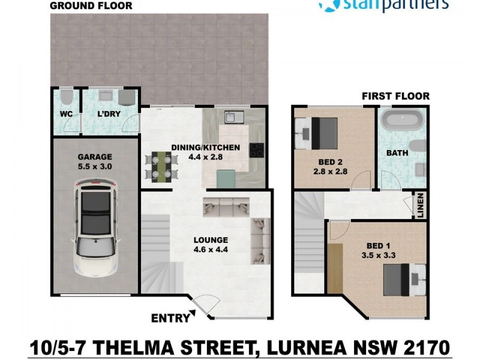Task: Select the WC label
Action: [67, 113]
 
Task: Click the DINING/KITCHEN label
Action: [205, 147]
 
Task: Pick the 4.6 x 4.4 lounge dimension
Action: [211, 250]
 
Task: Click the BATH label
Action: [397, 153]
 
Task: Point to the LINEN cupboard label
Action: [421, 206]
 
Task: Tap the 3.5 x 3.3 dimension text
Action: [379, 255]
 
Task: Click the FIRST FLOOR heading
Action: [395, 96]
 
